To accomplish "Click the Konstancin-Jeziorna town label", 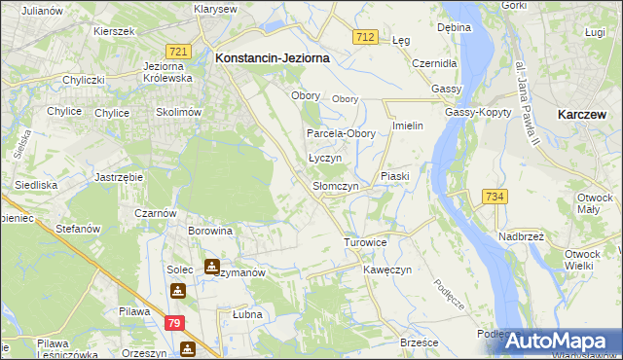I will (x=272, y=58).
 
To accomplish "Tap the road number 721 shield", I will (x=177, y=51).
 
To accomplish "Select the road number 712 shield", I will (x=365, y=36).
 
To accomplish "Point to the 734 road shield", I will (x=494, y=197).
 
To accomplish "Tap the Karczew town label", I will (x=584, y=114).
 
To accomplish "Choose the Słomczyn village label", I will (x=336, y=186).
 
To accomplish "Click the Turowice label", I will (x=366, y=241).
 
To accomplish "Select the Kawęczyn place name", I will (x=388, y=269).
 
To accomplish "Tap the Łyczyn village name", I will (x=324, y=158).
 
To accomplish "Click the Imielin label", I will (x=407, y=126).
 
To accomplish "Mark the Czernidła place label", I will (x=434, y=63).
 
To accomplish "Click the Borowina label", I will (x=210, y=232).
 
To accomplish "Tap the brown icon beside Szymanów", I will (x=212, y=266).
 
